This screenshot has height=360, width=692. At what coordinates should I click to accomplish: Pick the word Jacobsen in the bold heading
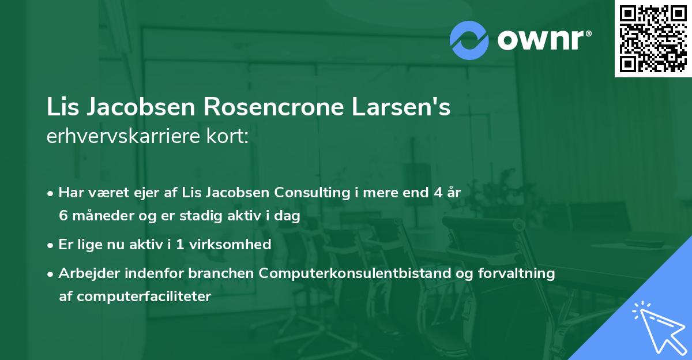pyautogui.click(x=139, y=108)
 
